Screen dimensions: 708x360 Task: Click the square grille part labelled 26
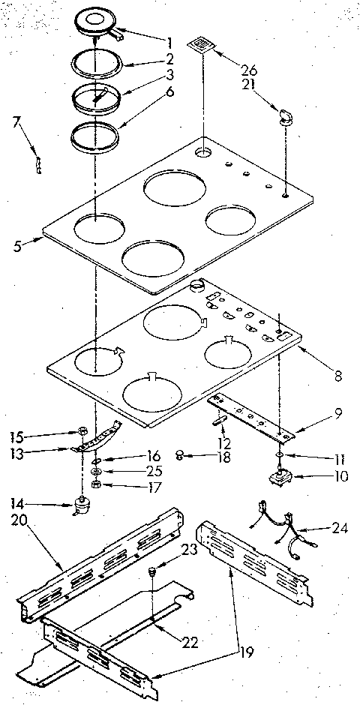[199, 46]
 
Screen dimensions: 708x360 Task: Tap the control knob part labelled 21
[286, 115]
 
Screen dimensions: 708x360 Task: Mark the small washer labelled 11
[278, 454]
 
